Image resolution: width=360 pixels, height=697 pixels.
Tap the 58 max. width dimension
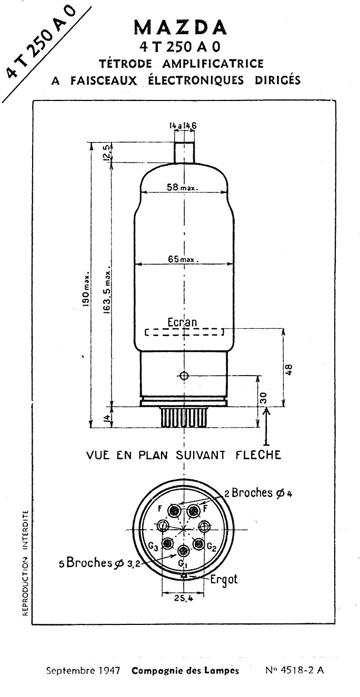(x=182, y=187)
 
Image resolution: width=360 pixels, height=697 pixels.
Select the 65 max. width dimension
(x=184, y=259)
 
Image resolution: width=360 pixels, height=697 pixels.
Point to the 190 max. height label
(x=86, y=289)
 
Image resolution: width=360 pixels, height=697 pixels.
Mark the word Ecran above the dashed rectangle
(x=182, y=322)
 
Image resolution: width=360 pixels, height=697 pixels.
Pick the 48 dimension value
(x=289, y=370)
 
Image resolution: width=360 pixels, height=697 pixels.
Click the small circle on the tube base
(x=184, y=376)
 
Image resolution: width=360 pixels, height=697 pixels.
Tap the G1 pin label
(x=182, y=563)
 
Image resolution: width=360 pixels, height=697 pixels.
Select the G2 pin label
(x=212, y=547)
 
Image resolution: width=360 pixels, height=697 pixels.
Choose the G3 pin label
(x=153, y=546)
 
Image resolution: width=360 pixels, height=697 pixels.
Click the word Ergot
(x=224, y=579)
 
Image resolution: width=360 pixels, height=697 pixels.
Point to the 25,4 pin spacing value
(x=183, y=598)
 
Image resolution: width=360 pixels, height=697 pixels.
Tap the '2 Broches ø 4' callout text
(x=258, y=493)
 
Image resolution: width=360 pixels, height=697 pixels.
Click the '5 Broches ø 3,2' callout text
(x=99, y=562)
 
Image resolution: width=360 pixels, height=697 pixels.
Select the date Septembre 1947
(x=83, y=670)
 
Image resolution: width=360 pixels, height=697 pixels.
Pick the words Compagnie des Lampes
(x=185, y=671)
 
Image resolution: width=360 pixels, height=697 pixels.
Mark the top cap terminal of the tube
(x=184, y=152)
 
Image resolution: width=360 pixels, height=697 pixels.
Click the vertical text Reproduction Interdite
(x=26, y=563)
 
